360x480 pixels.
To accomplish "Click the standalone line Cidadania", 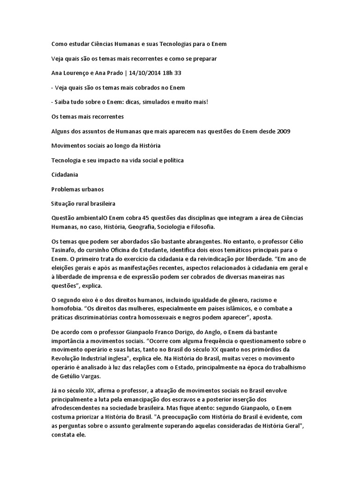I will click(65, 175).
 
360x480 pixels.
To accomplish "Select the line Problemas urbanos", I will click(77, 189).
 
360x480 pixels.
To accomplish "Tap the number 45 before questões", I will click(144, 219).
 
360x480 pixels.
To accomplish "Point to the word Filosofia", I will click(199, 226).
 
